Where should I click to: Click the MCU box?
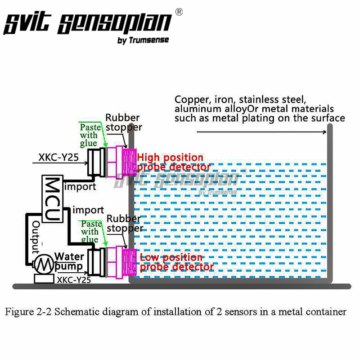pyautogui.click(x=53, y=198)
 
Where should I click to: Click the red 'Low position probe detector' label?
pyautogui.click(x=176, y=262)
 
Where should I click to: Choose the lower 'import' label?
pyautogui.click(x=88, y=210)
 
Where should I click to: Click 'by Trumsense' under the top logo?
pyautogui.click(x=143, y=40)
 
